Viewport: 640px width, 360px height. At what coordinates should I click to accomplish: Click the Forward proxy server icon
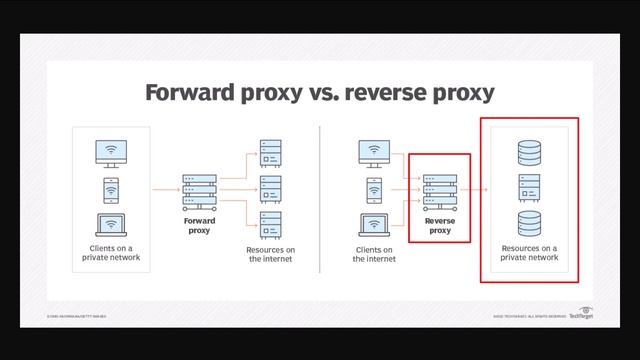click(199, 188)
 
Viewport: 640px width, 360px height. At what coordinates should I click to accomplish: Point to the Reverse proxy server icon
click(438, 189)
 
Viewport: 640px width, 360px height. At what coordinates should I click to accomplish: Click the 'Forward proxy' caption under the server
click(199, 226)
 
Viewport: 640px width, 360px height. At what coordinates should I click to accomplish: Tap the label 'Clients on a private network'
click(111, 252)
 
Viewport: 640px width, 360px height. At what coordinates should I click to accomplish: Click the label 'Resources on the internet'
click(270, 254)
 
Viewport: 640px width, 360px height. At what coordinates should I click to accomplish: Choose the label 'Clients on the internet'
click(374, 254)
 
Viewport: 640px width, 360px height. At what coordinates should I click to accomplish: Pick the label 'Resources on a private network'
click(529, 252)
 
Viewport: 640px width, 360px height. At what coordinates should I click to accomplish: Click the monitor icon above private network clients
click(111, 153)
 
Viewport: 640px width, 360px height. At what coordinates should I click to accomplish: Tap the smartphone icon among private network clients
click(111, 189)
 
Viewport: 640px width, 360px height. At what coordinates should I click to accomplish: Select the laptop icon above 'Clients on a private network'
click(111, 225)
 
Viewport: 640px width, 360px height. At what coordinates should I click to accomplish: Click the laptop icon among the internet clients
click(374, 223)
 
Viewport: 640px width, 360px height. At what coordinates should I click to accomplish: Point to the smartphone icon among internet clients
click(374, 188)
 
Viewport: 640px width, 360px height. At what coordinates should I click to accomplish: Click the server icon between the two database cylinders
click(529, 188)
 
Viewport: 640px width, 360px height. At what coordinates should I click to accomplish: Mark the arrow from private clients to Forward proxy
click(163, 189)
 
